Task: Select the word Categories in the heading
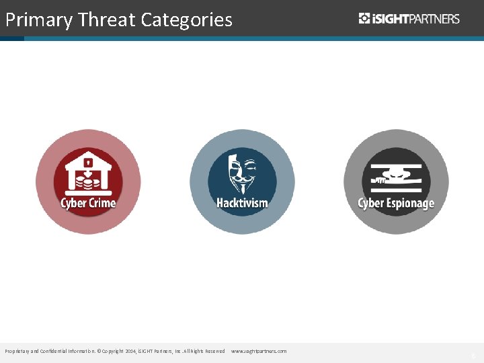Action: (x=187, y=20)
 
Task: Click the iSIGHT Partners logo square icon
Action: (x=364, y=19)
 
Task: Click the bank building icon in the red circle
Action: (x=87, y=172)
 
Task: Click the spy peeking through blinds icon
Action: (x=396, y=175)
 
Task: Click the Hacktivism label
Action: (x=242, y=202)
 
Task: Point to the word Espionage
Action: (x=410, y=203)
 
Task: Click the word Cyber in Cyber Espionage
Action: (x=370, y=203)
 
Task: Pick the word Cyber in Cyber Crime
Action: (x=73, y=202)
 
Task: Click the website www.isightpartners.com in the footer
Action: (x=259, y=352)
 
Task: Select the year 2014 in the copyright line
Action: (x=130, y=352)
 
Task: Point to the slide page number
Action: (x=473, y=355)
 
